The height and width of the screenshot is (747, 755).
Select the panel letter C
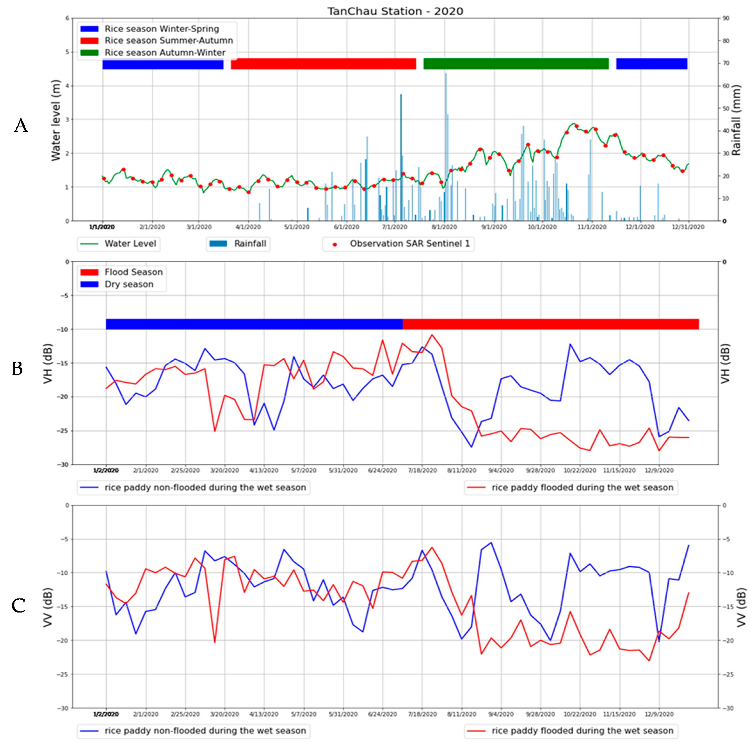(x=18, y=606)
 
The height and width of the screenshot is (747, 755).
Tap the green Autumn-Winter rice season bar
(x=516, y=64)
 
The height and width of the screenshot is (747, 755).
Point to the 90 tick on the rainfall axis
(x=726, y=18)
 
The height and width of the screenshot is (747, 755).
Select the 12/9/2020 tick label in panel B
(x=659, y=471)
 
